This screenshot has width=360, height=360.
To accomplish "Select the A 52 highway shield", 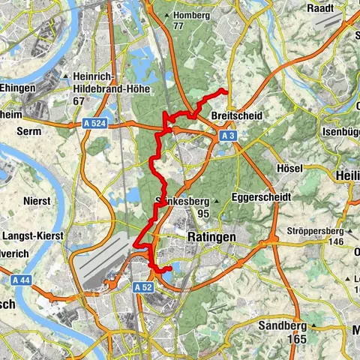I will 144,286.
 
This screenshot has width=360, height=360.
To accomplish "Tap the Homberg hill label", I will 188,15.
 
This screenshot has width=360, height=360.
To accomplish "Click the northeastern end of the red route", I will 226,91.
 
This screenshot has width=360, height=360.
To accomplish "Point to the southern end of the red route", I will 170,268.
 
